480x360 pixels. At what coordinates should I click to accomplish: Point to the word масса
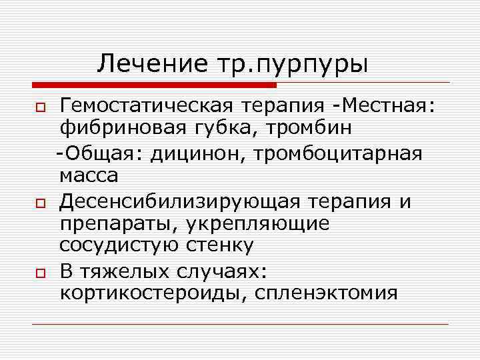(x=89, y=175)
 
